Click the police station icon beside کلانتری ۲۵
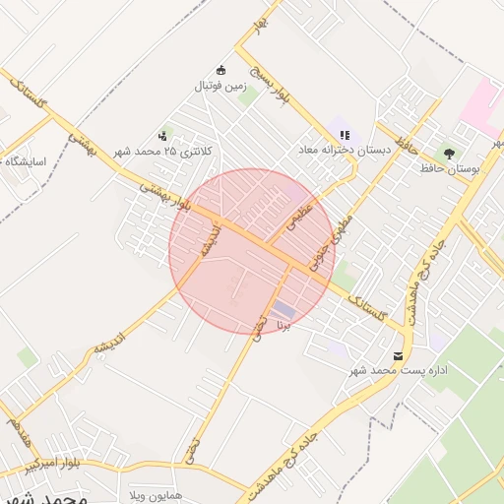point(161,136)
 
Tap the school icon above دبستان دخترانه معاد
point(345,135)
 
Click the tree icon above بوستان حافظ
point(449,154)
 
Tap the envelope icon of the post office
point(398,355)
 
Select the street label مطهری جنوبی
point(332,243)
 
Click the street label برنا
point(285,322)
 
